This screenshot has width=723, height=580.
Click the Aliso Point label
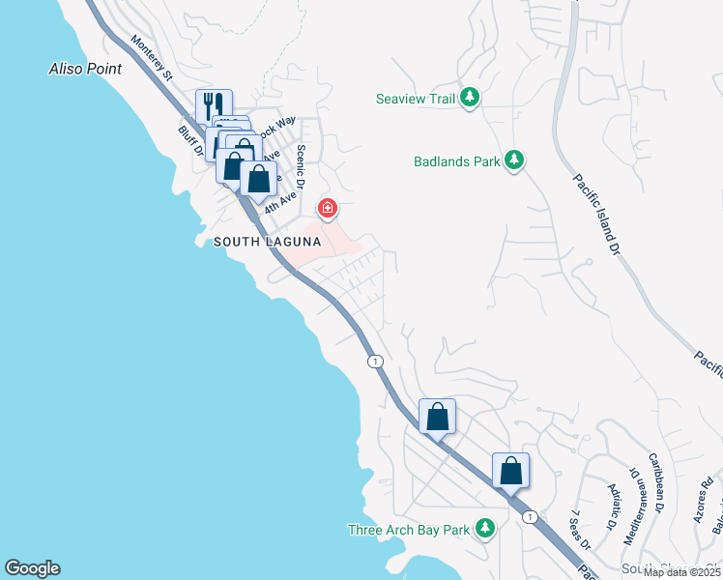(85, 69)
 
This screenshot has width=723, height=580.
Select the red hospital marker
(328, 208)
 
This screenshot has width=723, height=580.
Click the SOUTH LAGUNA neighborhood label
(266, 242)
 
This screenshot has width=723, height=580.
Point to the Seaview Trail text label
(416, 98)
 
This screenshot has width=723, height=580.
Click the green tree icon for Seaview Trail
(469, 97)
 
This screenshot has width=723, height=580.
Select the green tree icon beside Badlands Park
(515, 161)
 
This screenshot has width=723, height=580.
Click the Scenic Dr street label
(302, 166)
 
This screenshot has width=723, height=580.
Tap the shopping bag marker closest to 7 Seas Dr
(510, 472)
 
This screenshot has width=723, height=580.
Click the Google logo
(32, 568)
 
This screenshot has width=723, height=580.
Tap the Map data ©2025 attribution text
(681, 572)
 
